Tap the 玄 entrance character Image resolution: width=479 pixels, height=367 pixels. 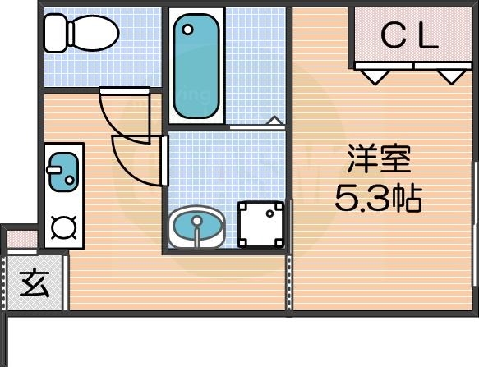pos(35,284)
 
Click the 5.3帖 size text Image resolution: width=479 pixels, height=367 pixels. pos(378,198)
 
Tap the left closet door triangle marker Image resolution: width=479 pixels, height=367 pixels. pos(375,76)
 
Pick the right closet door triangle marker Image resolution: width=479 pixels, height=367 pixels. pos(449,76)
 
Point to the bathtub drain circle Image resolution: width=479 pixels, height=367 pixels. pos(188,30)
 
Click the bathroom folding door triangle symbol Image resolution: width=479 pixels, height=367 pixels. pos(275,122)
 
